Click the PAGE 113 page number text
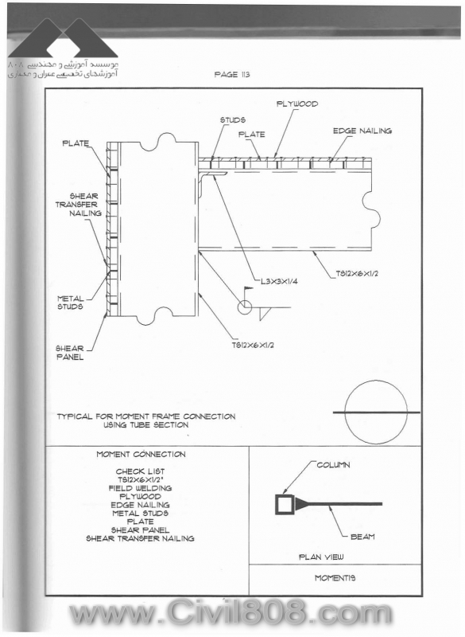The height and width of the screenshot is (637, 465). [232, 74]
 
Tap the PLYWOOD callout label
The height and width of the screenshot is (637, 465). [297, 104]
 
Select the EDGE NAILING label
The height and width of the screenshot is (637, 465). [362, 131]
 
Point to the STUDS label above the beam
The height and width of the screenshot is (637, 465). [233, 120]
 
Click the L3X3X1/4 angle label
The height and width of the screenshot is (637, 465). [279, 281]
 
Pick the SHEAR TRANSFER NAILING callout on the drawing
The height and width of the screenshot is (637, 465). [79, 205]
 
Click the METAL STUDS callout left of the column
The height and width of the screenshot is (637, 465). [70, 303]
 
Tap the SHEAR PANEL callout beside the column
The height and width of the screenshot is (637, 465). [70, 353]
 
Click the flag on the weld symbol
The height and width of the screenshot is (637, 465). [248, 289]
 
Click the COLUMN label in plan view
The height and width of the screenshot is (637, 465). [333, 465]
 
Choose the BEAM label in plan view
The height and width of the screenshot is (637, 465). [362, 537]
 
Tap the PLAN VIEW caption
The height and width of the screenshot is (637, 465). [321, 557]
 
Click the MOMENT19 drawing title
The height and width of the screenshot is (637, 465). [335, 578]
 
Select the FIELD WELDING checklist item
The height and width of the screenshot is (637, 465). [140, 488]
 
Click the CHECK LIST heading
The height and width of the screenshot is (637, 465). [140, 471]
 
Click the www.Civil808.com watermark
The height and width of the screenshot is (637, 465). [231, 613]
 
